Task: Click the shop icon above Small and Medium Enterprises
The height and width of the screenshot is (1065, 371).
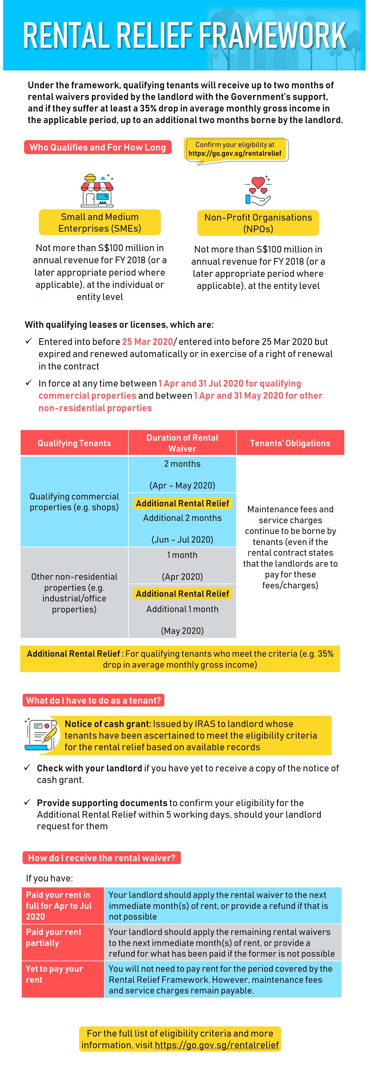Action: pyautogui.click(x=98, y=191)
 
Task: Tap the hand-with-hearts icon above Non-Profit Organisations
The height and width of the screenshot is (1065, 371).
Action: pyautogui.click(x=258, y=191)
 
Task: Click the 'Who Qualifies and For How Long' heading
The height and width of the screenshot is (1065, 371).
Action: pyautogui.click(x=98, y=147)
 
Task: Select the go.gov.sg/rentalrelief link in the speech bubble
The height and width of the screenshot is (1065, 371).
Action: pyautogui.click(x=235, y=153)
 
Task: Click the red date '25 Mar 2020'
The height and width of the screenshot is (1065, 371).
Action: pyautogui.click(x=148, y=341)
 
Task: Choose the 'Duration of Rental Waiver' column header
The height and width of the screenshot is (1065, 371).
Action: pyautogui.click(x=182, y=443)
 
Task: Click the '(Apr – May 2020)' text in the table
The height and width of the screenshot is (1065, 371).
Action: pyautogui.click(x=182, y=485)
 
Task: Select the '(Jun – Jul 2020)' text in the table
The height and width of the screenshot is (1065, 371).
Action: pyautogui.click(x=182, y=539)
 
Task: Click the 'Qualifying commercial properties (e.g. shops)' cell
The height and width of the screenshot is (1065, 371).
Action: pyautogui.click(x=74, y=502)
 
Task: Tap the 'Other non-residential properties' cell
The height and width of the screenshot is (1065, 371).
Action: pyautogui.click(x=74, y=593)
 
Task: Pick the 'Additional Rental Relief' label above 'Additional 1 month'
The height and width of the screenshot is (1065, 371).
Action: pyautogui.click(x=182, y=594)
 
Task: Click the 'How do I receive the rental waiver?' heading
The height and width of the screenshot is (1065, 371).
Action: pyautogui.click(x=102, y=858)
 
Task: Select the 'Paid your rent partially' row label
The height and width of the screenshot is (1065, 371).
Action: pyautogui.click(x=54, y=937)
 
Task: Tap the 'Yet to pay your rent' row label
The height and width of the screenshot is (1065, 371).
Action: pyautogui.click(x=54, y=974)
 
